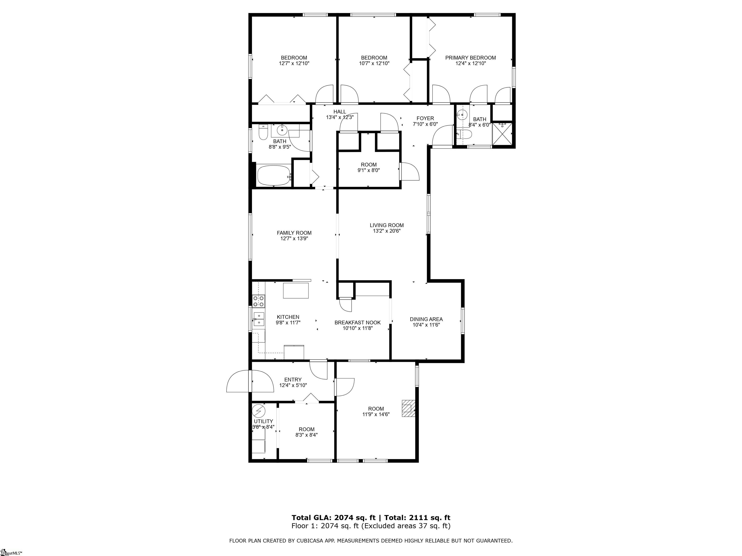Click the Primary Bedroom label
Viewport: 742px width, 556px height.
tap(470, 58)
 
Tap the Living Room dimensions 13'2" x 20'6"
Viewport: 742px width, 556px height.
tap(387, 231)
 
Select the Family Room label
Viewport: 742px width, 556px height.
tap(294, 233)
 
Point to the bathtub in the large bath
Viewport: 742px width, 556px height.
tap(274, 175)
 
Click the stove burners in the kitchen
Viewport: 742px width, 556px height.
tap(259, 301)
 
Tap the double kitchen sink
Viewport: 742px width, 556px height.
tap(259, 319)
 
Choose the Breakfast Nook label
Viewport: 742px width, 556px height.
tap(357, 323)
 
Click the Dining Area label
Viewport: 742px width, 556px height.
tap(426, 320)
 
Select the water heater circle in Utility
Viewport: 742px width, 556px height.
tap(259, 410)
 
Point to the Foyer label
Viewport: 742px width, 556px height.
tap(425, 118)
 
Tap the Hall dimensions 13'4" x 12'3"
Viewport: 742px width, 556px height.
tap(340, 118)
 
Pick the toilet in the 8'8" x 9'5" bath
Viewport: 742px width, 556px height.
tap(263, 133)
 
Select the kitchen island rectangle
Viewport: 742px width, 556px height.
tap(296, 291)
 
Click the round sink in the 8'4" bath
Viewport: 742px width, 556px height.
tap(463, 115)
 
